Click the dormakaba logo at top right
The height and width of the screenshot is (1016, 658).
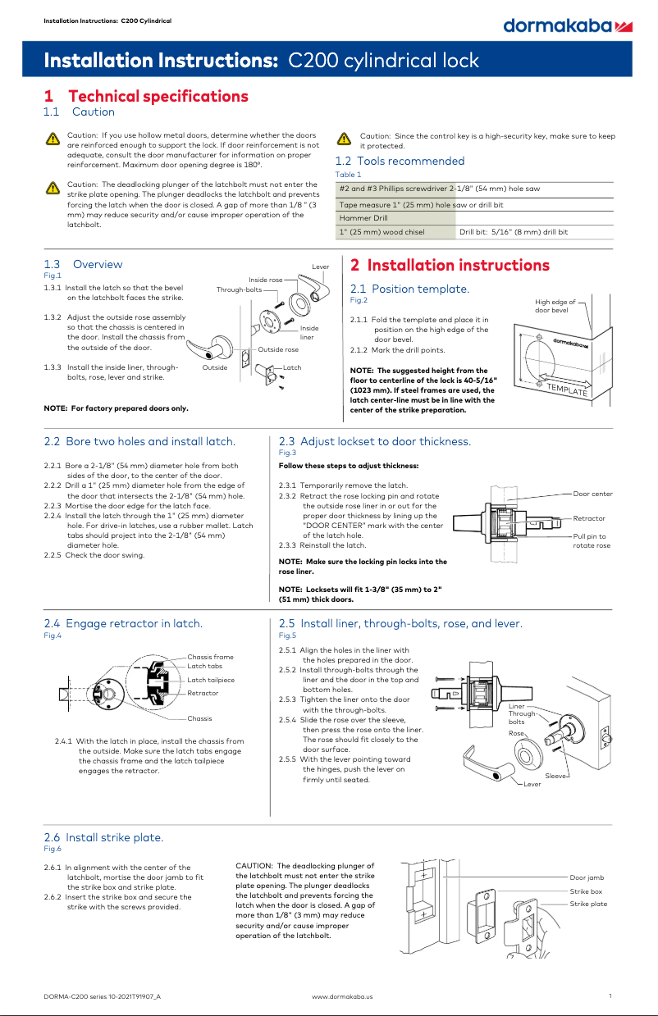567,26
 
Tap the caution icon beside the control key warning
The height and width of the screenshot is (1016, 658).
345,139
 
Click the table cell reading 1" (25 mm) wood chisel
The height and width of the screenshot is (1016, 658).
382,232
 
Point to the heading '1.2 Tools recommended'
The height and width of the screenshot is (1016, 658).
400,161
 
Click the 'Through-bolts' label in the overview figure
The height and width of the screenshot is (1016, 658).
240,289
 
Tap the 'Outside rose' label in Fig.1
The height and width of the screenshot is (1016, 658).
278,349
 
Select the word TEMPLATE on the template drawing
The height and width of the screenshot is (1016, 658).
567,390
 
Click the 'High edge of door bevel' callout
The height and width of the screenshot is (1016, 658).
555,306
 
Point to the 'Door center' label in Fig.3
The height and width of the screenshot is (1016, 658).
592,494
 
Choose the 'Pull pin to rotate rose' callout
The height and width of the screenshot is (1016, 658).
591,540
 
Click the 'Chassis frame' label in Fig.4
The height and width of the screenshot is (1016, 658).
210,657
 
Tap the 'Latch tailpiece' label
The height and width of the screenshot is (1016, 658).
211,680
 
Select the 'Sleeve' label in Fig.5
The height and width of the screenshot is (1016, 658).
556,775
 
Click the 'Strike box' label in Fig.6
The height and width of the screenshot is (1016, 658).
586,891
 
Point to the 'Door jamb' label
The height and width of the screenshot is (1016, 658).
587,877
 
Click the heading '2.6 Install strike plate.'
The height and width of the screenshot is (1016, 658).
103,837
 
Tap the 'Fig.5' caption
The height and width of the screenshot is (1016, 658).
287,636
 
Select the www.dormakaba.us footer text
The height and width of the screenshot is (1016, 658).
342,995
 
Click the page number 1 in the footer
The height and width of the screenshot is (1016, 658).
611,995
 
